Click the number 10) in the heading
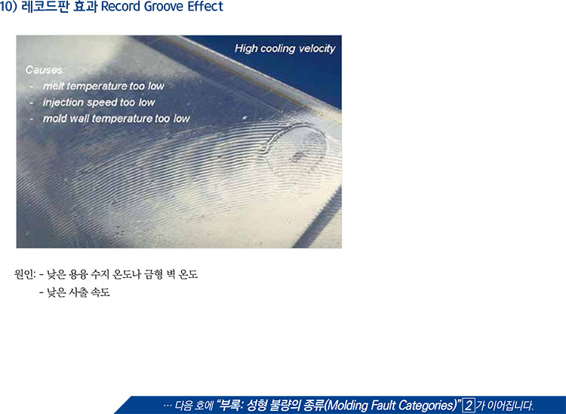(8, 7)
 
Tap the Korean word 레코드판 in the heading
(45, 7)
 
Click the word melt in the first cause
(54, 86)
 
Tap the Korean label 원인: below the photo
(25, 274)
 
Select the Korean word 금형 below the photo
(153, 274)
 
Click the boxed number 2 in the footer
(469, 405)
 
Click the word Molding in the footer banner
(346, 405)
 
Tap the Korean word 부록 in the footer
(230, 405)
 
